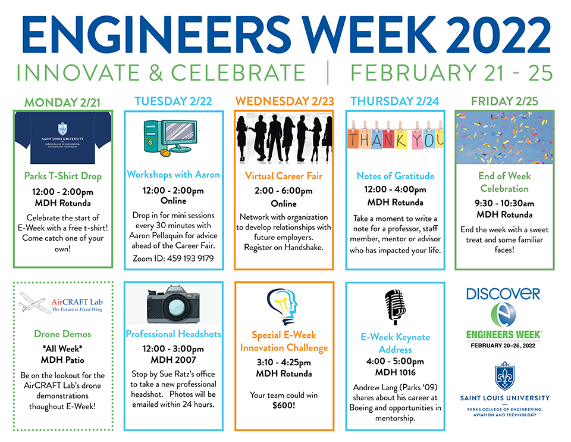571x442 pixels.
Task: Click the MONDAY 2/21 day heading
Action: click(x=62, y=102)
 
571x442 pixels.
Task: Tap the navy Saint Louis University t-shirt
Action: click(x=63, y=138)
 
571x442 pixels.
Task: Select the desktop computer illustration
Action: click(x=171, y=138)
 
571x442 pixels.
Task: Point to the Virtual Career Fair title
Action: click(x=284, y=176)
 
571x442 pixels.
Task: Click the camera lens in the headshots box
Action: click(x=176, y=306)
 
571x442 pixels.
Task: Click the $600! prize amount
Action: click(x=284, y=405)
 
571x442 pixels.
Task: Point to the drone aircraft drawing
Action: click(x=35, y=303)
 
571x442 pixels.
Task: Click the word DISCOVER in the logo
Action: click(x=503, y=294)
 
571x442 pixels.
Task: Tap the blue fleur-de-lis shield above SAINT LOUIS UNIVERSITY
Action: click(x=505, y=376)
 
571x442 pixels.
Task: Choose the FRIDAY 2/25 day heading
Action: click(x=504, y=101)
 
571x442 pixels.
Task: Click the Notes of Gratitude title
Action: click(x=396, y=176)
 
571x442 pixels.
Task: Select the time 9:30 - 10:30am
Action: click(x=504, y=203)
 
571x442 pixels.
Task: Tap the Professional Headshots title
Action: click(x=173, y=334)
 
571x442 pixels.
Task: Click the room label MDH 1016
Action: click(x=395, y=372)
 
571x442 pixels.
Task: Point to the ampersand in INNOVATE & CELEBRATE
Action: click(x=156, y=73)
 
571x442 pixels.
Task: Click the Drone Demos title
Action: click(x=62, y=334)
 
